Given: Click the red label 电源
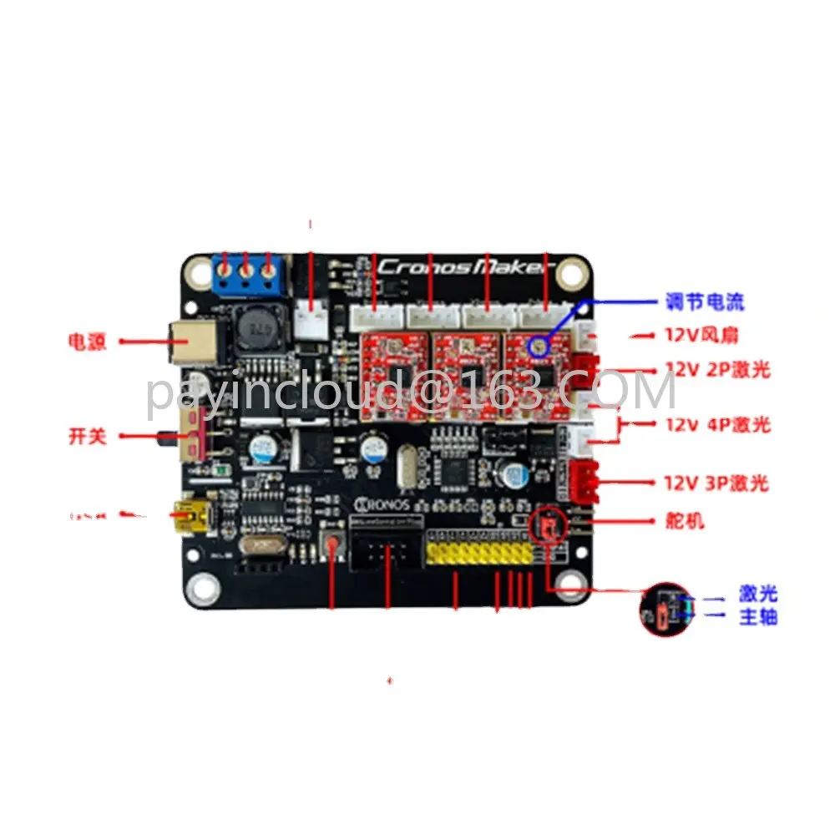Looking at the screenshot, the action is coord(87,342).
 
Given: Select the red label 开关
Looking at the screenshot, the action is coord(88,436).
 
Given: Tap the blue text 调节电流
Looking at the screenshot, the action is coord(704,301).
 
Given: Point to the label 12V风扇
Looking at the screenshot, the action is coord(701,336).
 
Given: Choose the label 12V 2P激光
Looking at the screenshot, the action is coord(716,369).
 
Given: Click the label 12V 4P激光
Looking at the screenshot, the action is coord(717,424).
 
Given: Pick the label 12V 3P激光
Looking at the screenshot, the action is coord(716,483).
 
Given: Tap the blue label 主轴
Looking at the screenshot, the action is coord(758,618).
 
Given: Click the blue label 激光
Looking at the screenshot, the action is coord(758,595).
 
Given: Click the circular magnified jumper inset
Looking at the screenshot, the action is coord(667,610).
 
